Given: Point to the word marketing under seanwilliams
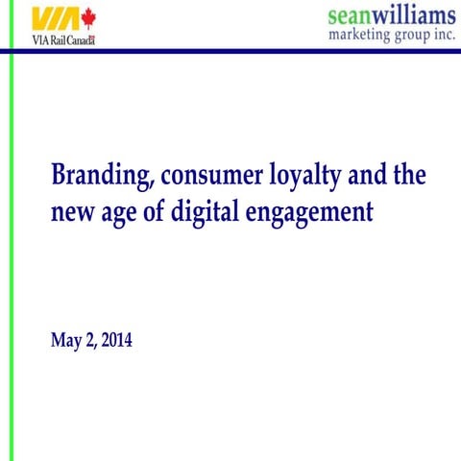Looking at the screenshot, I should [361, 35].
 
